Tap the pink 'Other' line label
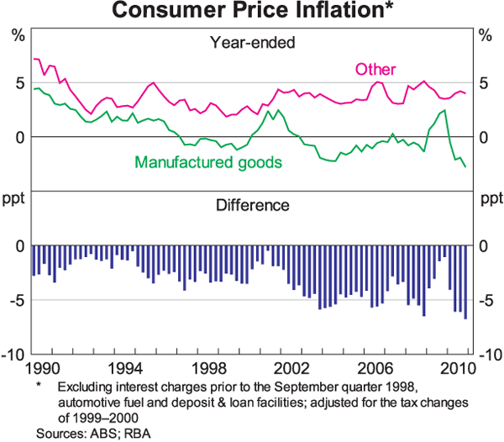[375, 69]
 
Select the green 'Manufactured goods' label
[207, 160]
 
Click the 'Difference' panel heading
[253, 204]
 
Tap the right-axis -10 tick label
[490, 355]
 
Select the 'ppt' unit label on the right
[488, 200]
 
